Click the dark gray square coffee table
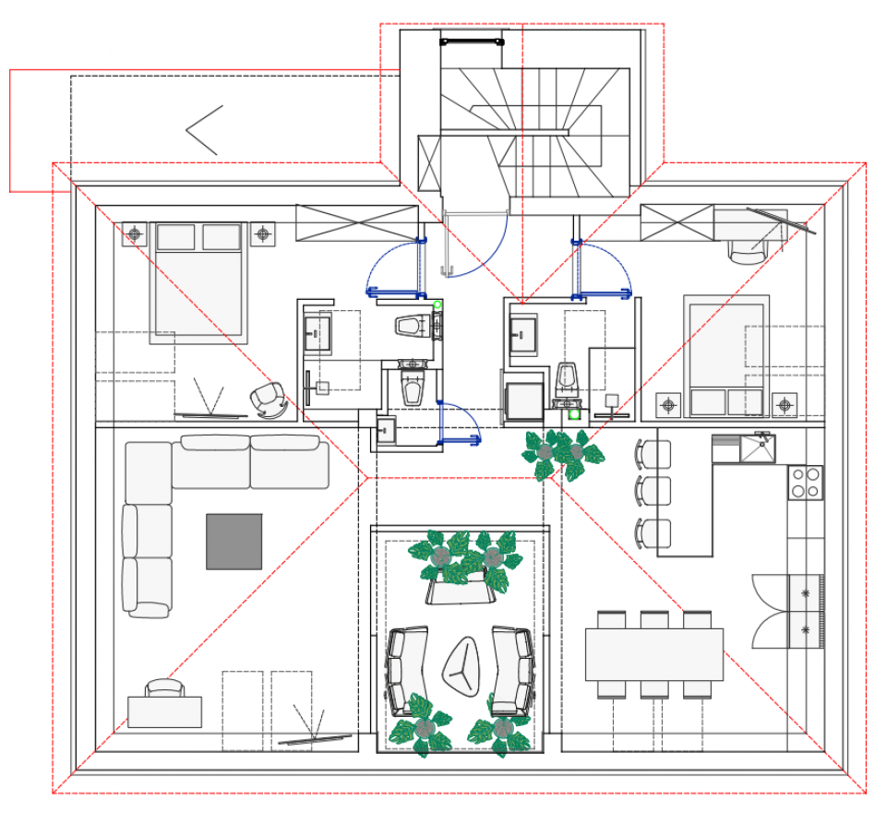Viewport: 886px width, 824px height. pos(233,542)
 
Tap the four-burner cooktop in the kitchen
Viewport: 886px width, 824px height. pos(805,482)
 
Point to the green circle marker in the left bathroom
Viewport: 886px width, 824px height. pos(437,305)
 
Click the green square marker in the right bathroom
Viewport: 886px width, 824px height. pos(574,414)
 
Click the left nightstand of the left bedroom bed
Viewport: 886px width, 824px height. pos(135,234)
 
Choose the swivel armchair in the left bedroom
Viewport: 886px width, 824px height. pos(269,398)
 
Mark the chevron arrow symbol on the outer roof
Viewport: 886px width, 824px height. pos(205,130)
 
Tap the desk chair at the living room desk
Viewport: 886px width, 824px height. pos(165,687)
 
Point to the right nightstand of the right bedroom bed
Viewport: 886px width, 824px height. pos(784,403)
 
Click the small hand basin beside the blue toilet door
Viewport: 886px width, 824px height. pos(386,430)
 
